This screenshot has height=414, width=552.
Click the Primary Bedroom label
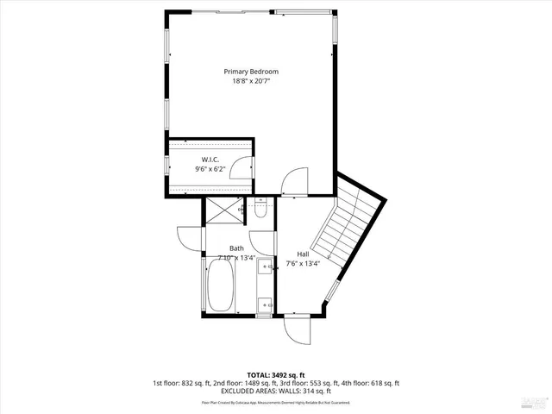pyautogui.click(x=251, y=72)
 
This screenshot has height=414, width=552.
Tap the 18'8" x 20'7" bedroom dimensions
pyautogui.click(x=251, y=82)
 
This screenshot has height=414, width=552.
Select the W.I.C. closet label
pyautogui.click(x=210, y=160)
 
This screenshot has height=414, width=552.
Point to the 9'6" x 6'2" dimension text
pyautogui.click(x=210, y=170)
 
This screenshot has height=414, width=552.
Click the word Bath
pyautogui.click(x=212, y=248)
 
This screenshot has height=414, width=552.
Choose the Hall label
pyautogui.click(x=303, y=254)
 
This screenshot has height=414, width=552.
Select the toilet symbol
pyautogui.click(x=262, y=210)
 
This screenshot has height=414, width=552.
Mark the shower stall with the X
pyautogui.click(x=223, y=210)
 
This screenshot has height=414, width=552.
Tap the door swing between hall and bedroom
pyautogui.click(x=294, y=182)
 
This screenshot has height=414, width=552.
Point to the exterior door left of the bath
pyautogui.click(x=188, y=240)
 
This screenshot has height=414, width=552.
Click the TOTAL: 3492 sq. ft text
pyautogui.click(x=275, y=373)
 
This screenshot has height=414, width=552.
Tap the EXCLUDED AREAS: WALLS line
pyautogui.click(x=275, y=391)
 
